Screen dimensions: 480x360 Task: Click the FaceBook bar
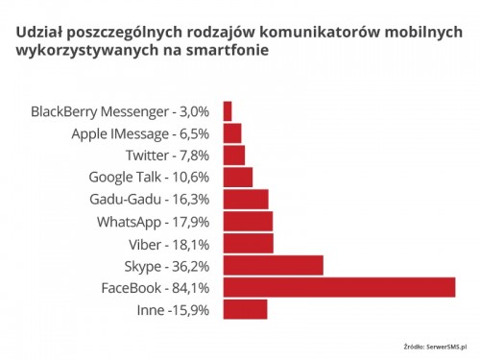339,287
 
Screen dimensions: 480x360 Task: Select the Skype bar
274,265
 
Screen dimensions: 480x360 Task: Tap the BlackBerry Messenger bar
228,111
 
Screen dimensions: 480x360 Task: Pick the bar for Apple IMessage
232,133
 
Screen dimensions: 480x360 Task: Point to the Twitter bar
234,156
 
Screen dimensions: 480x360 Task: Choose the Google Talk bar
238,177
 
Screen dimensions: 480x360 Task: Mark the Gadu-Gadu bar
246,199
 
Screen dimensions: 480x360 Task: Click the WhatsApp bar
248,221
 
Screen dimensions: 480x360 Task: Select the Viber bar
249,243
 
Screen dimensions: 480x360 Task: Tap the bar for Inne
245,309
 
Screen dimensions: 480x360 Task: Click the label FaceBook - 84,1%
156,288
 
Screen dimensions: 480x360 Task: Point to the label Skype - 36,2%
167,267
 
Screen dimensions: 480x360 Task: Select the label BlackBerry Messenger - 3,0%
120,112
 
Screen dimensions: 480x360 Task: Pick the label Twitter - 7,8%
168,156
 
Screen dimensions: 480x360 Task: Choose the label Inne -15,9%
173,310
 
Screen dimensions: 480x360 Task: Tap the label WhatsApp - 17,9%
154,222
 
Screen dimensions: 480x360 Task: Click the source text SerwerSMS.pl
446,347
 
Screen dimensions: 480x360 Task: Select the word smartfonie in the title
228,50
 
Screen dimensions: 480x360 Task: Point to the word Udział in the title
38,33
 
